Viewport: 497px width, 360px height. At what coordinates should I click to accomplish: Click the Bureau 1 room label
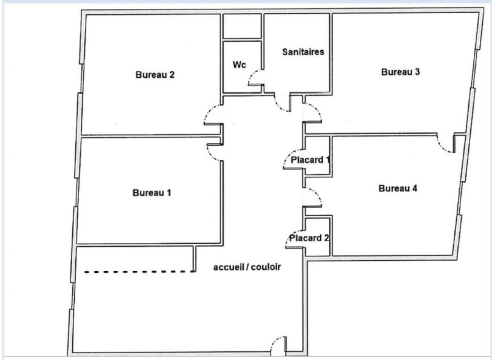click(152, 193)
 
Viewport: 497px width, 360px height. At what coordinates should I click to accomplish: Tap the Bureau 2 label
click(155, 75)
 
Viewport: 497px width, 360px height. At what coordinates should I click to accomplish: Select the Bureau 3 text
click(400, 72)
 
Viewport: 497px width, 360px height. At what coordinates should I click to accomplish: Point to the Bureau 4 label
click(398, 188)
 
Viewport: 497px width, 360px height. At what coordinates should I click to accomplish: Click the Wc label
click(239, 65)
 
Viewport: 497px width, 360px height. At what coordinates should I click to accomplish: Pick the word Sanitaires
click(303, 52)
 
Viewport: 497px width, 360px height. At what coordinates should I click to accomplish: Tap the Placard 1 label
click(310, 160)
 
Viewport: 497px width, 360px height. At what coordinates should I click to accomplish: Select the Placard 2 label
click(309, 238)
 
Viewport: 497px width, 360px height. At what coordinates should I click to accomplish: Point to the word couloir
click(266, 267)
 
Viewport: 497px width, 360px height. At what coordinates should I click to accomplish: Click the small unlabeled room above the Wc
click(242, 26)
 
